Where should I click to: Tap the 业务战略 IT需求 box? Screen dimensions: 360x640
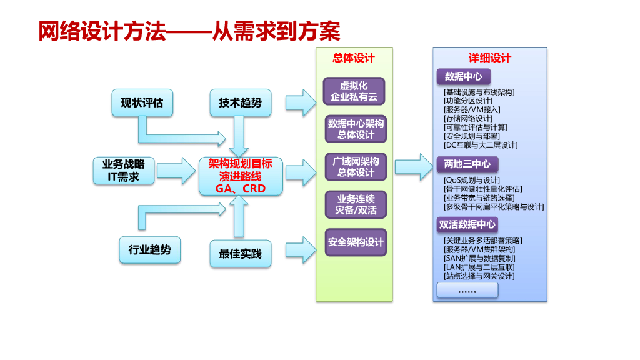click(123, 170)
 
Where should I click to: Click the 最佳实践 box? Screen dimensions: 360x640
click(240, 254)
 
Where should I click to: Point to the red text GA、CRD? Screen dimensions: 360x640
click(241, 188)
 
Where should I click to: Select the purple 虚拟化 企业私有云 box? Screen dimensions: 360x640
click(354, 91)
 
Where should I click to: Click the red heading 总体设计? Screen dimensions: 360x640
click(354, 58)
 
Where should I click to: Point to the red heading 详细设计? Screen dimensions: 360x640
click(490, 58)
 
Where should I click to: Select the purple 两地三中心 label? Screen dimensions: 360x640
click(467, 164)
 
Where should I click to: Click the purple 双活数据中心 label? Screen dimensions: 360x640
click(467, 224)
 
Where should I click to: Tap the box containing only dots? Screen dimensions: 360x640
click(467, 291)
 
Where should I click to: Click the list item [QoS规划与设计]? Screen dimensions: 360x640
click(472, 180)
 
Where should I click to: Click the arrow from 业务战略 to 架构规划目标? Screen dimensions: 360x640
click(178, 167)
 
